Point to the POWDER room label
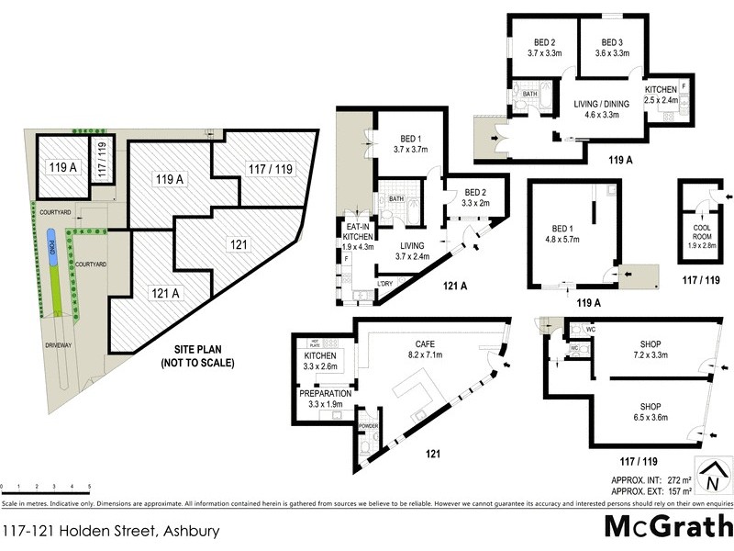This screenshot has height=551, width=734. [x=368, y=425]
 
